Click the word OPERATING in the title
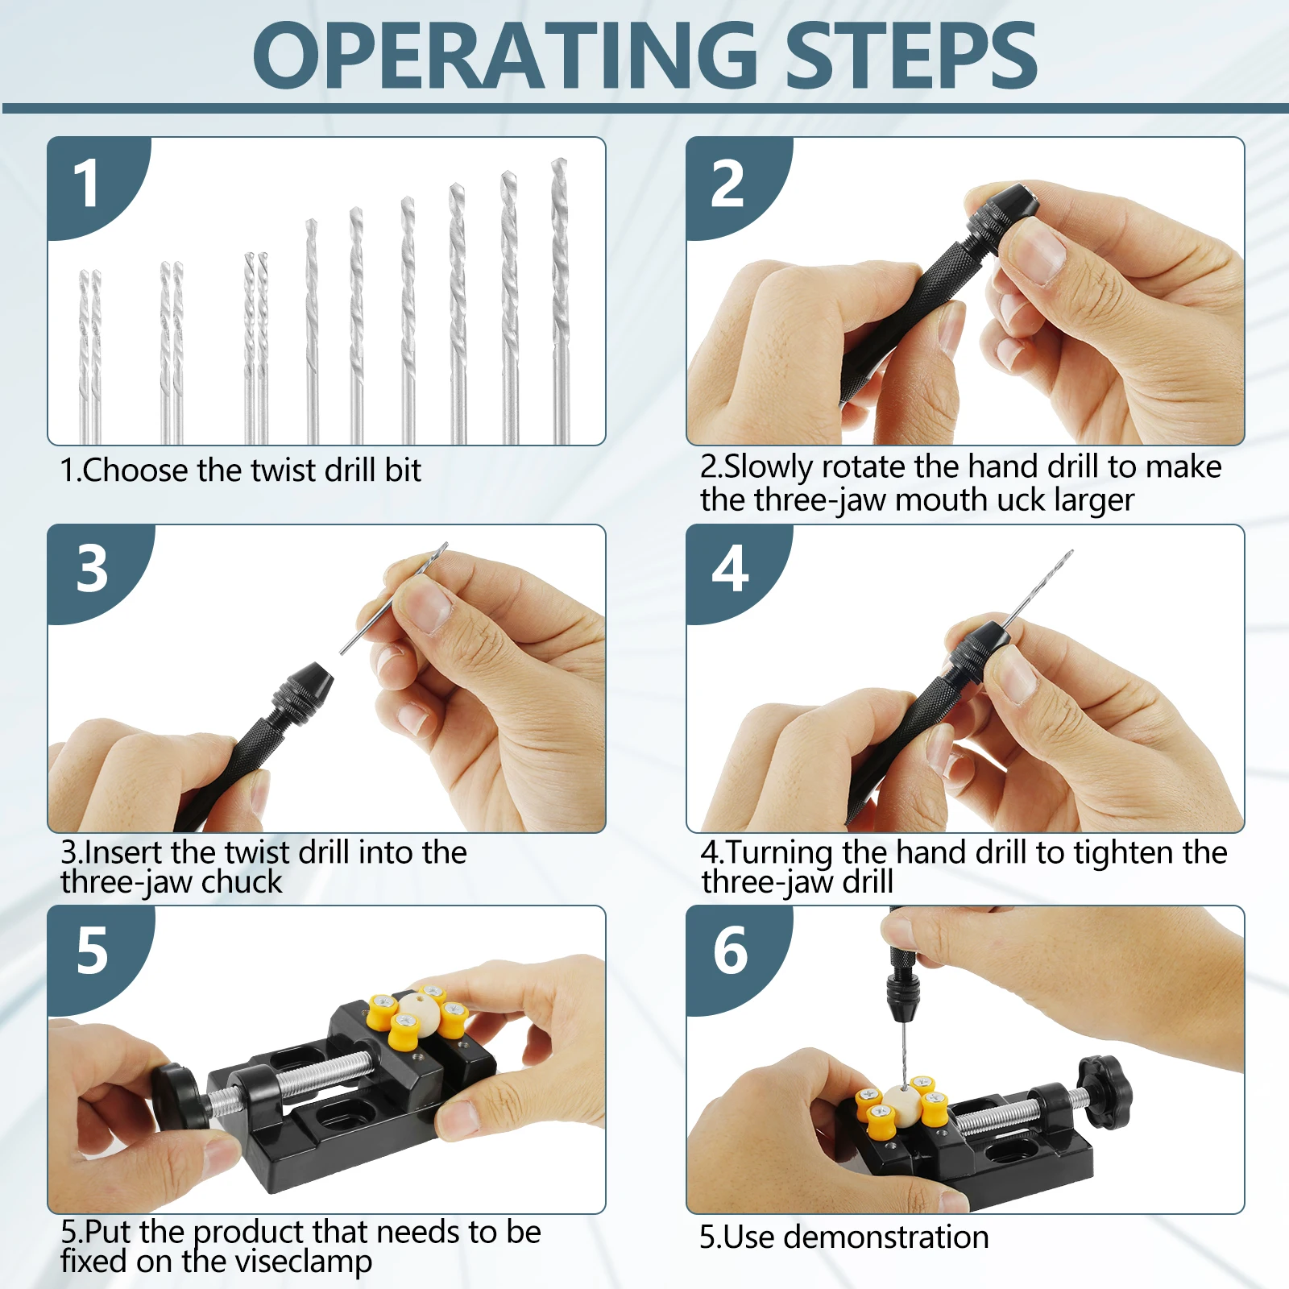505,55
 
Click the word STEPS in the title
911,55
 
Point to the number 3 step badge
93,569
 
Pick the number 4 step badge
732,569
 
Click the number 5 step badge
93,951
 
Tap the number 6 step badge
732,951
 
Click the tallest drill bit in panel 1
560,300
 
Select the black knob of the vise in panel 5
176,1096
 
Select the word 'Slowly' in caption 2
769,467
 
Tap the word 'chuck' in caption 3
242,882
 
